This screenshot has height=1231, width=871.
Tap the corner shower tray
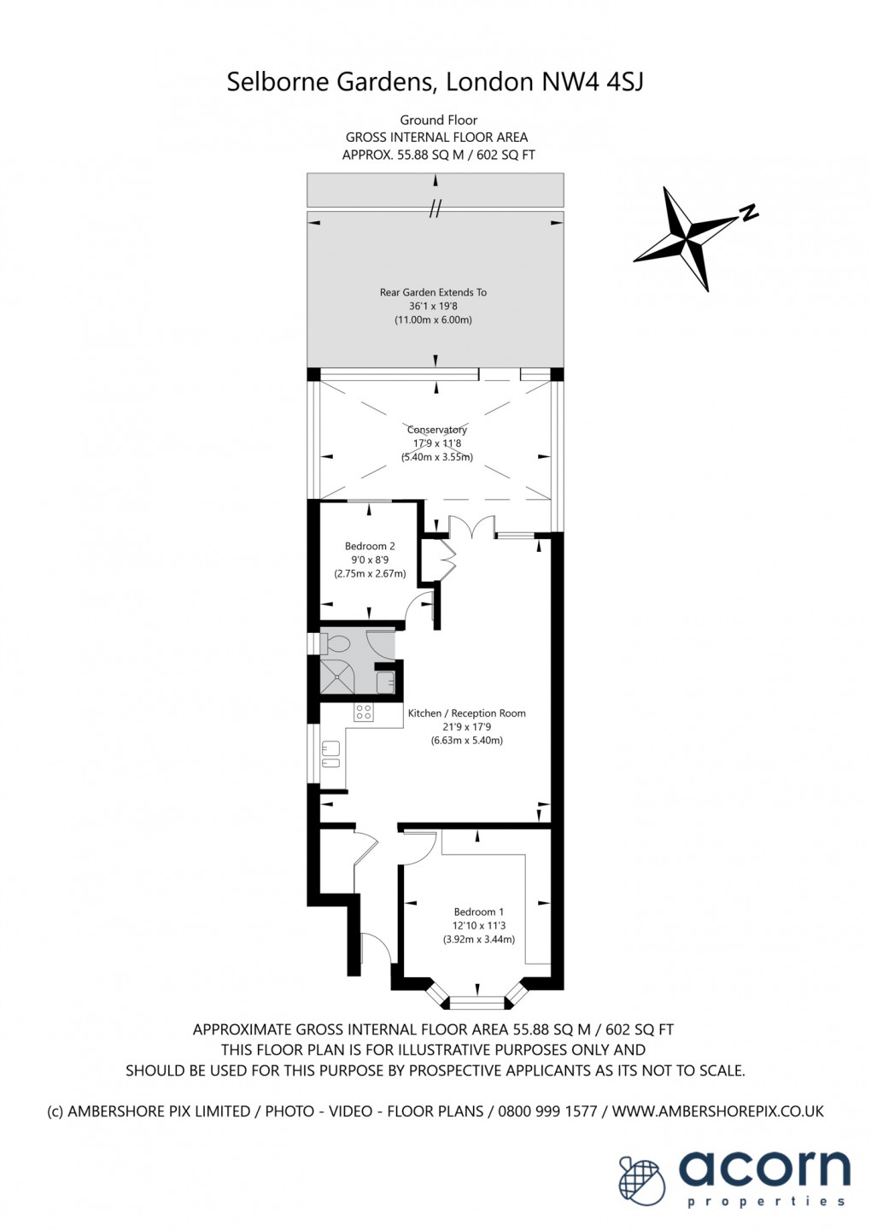click(x=336, y=677)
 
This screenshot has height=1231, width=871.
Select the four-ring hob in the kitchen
click(x=364, y=711)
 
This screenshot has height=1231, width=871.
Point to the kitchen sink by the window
click(x=330, y=755)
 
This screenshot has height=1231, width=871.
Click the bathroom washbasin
click(x=385, y=681)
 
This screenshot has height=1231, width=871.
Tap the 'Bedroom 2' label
click(x=370, y=546)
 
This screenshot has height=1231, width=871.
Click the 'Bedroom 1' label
click(x=478, y=912)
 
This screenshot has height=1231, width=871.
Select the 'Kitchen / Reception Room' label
click(x=466, y=713)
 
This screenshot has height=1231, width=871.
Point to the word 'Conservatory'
click(x=437, y=430)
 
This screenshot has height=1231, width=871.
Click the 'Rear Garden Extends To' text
click(x=433, y=292)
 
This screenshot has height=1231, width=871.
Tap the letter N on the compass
click(x=749, y=213)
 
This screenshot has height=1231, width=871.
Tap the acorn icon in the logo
click(x=640, y=1181)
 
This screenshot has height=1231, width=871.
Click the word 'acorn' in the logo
click(x=764, y=1169)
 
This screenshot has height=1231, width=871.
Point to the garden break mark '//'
click(x=435, y=208)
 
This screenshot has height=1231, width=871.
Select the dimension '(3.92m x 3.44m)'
click(x=478, y=939)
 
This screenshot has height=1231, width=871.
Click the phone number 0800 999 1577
click(x=547, y=1111)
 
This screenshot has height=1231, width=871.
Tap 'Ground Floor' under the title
click(x=438, y=120)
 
